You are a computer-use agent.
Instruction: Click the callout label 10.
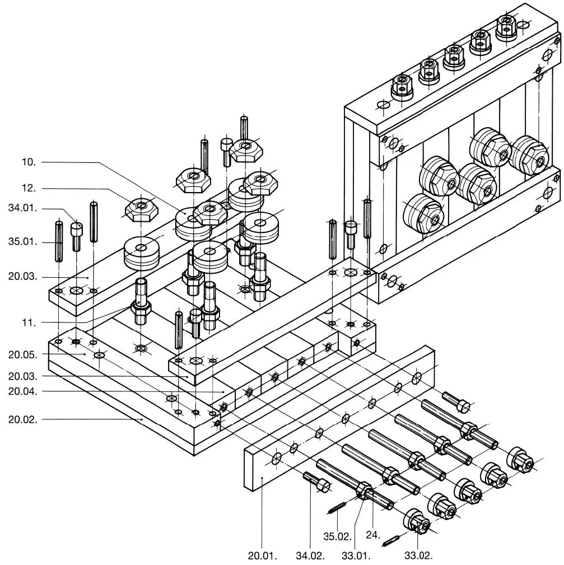coord(29,162)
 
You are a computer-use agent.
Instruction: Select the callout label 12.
coord(29,188)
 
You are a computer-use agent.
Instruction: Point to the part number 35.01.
coord(23,241)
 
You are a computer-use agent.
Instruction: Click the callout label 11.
coord(29,323)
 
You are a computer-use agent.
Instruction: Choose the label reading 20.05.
coord(23,354)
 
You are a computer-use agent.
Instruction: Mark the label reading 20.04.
coord(23,391)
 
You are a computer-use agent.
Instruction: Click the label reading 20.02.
coord(23,419)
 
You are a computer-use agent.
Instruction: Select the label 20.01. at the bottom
coord(262,555)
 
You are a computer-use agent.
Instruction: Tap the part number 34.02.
coord(310,555)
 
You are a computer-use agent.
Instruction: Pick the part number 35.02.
coord(337,536)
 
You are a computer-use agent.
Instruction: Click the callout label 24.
coord(373,535)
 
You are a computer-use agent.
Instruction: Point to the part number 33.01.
coord(356,555)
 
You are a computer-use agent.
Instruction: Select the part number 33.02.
coord(418,555)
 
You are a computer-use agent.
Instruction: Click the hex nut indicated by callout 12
coord(141,209)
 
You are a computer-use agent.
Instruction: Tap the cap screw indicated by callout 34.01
coord(76,236)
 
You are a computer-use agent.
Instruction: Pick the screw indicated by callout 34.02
coord(317,482)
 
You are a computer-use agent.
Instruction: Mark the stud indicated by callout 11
coord(141,301)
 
